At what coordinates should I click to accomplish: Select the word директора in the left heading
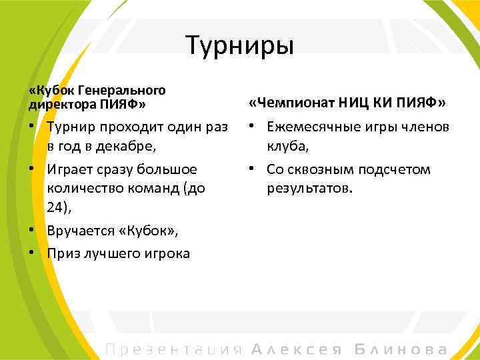pos(62,104)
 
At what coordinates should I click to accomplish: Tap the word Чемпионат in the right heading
pos(293,103)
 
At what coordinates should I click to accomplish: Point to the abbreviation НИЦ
pos(353,103)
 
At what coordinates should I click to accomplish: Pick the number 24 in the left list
pos(56,209)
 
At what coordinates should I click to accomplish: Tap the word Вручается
pos(80,231)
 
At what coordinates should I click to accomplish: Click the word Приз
pos(63,253)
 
